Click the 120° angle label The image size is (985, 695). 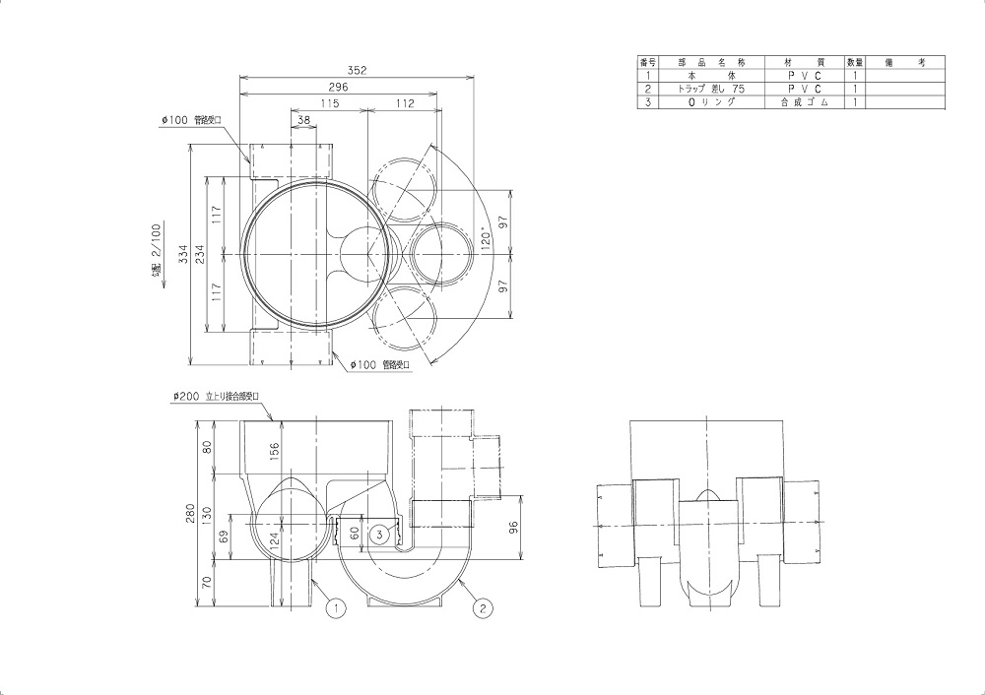485,240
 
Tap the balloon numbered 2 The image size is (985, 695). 483,607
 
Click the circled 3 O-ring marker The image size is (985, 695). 379,534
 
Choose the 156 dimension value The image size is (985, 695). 275,451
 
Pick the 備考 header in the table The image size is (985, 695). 904,62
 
